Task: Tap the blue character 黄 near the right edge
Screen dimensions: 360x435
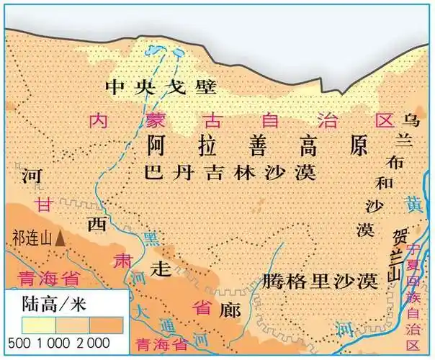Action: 412,203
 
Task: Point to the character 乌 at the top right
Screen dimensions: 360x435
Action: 411,119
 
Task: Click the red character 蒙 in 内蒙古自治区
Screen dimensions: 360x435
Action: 152,120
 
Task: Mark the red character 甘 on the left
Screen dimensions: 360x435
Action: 45,204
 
